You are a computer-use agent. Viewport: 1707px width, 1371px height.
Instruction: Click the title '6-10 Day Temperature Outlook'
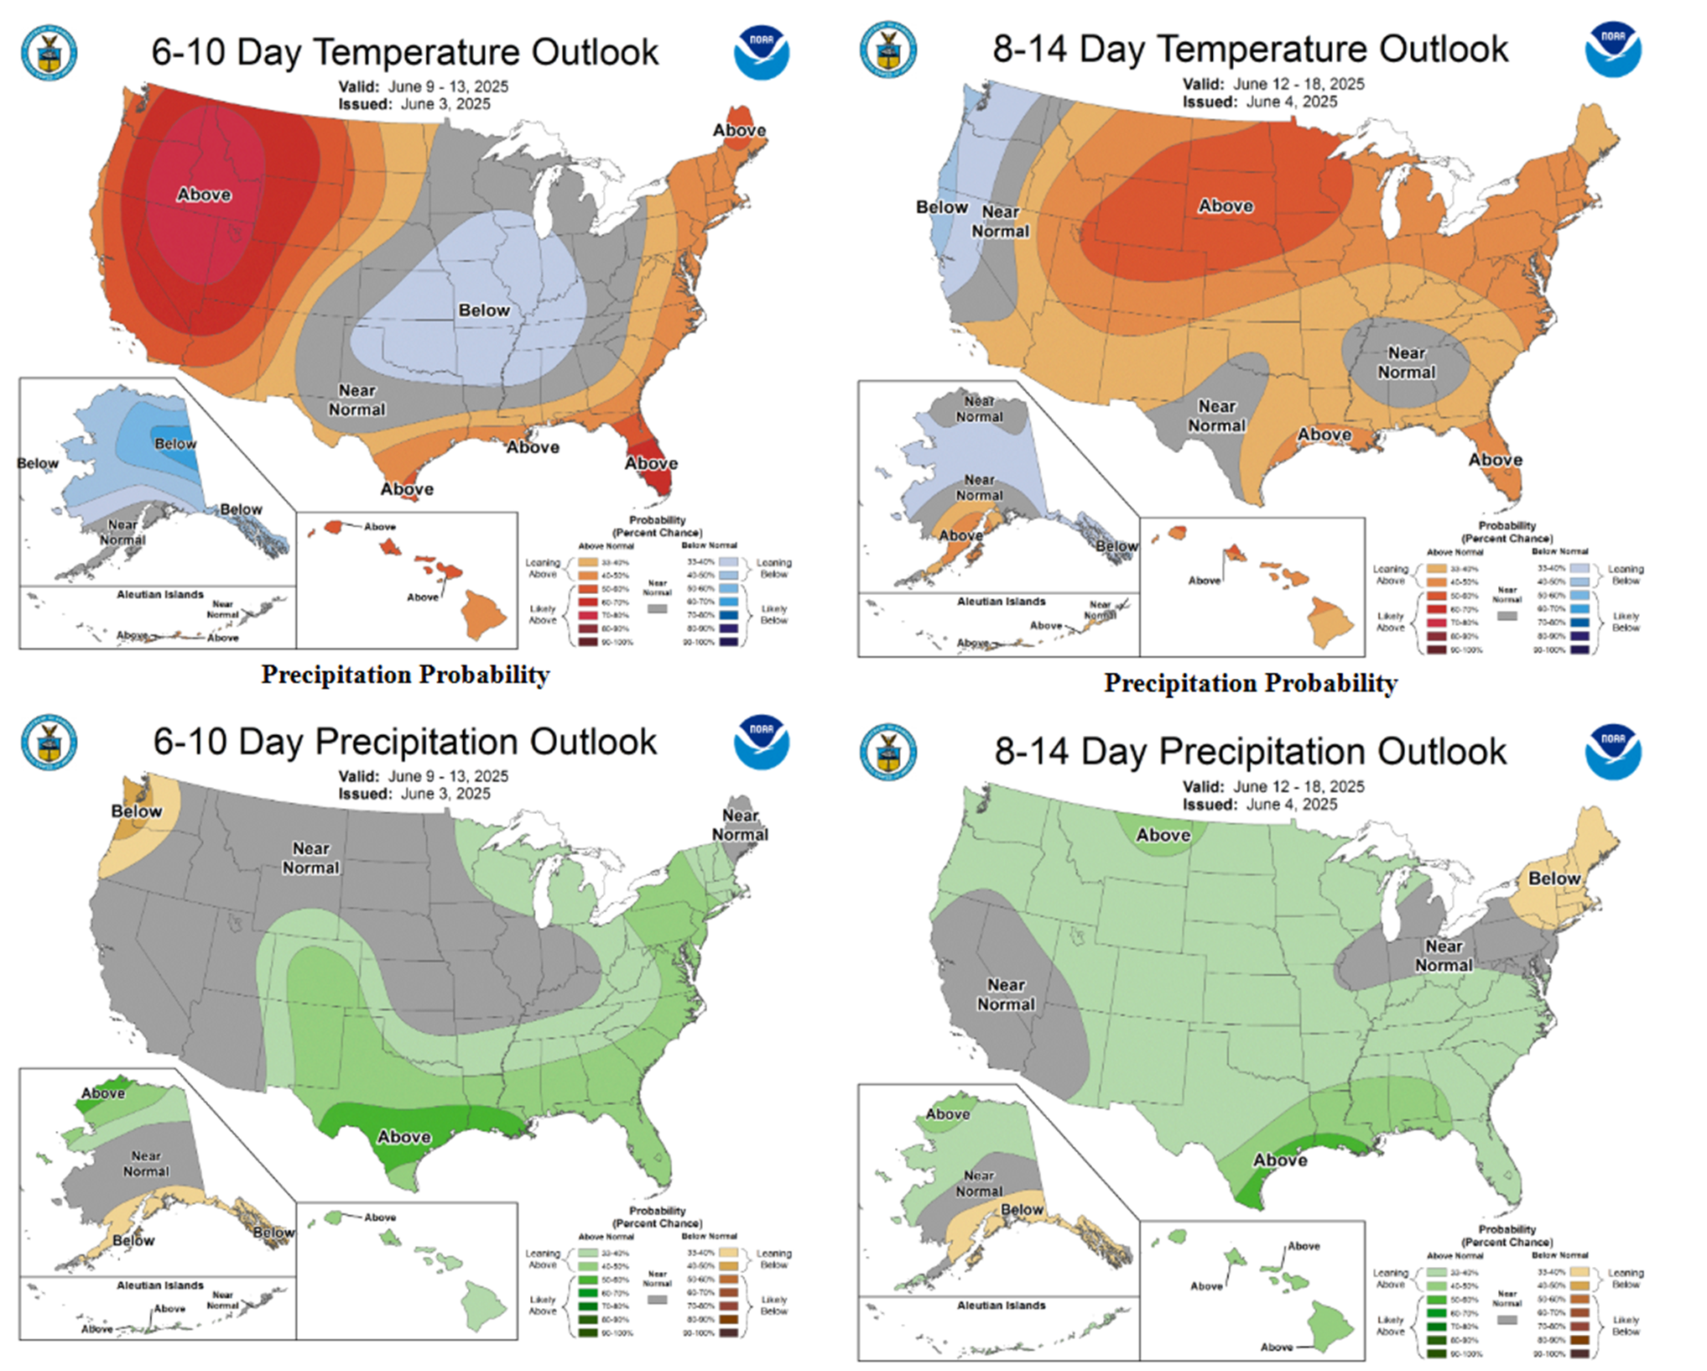(x=404, y=52)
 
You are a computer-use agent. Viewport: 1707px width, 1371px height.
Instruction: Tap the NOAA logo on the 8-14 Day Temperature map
(x=1612, y=50)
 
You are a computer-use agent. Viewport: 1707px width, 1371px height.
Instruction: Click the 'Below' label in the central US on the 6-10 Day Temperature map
(x=484, y=310)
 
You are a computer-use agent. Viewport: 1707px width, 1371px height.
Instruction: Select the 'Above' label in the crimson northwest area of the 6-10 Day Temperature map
(x=204, y=195)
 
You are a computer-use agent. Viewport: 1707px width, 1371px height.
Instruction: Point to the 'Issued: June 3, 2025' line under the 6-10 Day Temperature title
(x=414, y=104)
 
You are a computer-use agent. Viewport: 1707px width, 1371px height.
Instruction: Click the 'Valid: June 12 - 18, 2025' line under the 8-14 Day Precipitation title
(x=1273, y=787)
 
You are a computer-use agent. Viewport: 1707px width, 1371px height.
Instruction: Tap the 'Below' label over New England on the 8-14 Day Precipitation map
(x=1553, y=878)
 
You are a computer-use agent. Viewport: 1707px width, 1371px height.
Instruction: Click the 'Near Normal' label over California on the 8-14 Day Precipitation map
(x=1006, y=994)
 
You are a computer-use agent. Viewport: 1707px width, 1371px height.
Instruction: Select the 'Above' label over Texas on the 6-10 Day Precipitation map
(x=404, y=1137)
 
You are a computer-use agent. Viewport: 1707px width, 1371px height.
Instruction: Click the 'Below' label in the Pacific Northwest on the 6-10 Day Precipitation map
(x=137, y=811)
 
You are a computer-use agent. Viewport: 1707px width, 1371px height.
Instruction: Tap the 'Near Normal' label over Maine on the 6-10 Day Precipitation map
(x=740, y=825)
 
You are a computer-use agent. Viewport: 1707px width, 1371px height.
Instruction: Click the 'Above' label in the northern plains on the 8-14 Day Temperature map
(x=1226, y=206)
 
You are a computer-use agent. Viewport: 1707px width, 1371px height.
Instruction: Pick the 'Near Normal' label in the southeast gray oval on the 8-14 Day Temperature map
(x=1406, y=362)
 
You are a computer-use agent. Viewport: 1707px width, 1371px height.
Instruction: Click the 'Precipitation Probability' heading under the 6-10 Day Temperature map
(x=405, y=675)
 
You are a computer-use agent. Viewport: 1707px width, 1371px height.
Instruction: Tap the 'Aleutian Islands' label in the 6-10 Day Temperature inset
(x=160, y=594)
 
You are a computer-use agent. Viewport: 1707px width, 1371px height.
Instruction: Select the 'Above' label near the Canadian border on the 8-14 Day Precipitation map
(x=1163, y=835)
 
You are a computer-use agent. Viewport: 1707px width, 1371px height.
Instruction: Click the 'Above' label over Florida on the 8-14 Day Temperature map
(x=1495, y=460)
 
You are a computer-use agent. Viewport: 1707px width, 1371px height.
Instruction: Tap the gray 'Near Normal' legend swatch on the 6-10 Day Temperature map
(x=658, y=608)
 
